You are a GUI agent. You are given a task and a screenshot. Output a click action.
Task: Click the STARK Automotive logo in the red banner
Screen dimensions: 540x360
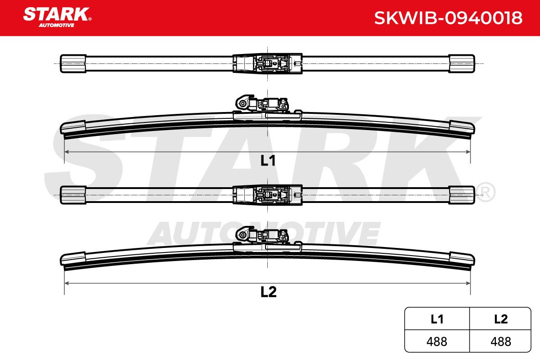pyautogui.click(x=57, y=18)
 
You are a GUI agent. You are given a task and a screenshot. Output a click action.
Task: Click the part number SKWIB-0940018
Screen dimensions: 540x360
pyautogui.click(x=448, y=18)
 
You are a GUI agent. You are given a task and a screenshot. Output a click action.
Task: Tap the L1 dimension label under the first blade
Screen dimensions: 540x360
pyautogui.click(x=268, y=160)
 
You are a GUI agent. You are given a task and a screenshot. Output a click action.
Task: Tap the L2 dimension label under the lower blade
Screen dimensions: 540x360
pyautogui.click(x=268, y=292)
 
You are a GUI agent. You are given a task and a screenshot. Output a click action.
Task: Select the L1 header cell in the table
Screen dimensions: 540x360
pyautogui.click(x=437, y=319)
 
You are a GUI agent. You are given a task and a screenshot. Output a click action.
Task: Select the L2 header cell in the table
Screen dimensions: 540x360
pyautogui.click(x=500, y=319)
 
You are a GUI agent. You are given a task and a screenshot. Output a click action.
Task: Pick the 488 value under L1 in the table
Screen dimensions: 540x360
pyautogui.click(x=436, y=342)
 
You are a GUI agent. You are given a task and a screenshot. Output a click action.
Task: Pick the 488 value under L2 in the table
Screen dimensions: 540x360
pyautogui.click(x=501, y=342)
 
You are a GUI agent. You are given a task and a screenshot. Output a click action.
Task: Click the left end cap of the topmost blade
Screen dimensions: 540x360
pyautogui.click(x=73, y=63)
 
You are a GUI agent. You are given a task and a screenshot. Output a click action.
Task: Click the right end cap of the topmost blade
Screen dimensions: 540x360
pyautogui.click(x=462, y=63)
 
